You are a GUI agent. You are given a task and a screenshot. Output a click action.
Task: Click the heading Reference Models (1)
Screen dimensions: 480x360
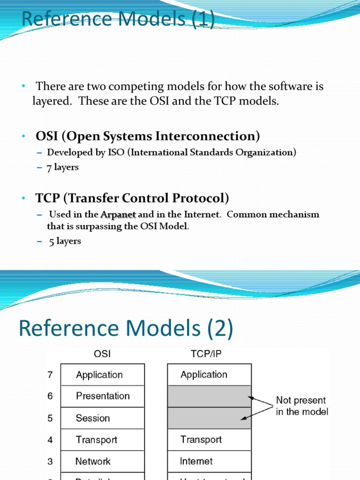[x=118, y=19]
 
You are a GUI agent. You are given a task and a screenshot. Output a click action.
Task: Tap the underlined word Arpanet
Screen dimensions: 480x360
[x=118, y=215]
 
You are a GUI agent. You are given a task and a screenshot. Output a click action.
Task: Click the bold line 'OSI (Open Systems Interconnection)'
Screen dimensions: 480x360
[x=148, y=136]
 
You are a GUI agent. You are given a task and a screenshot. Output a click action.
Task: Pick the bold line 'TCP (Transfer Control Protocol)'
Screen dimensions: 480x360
[x=132, y=198]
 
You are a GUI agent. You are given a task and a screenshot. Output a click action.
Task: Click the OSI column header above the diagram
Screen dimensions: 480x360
[x=102, y=354]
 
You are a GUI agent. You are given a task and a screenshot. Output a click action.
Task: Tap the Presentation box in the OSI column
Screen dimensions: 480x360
[x=103, y=396]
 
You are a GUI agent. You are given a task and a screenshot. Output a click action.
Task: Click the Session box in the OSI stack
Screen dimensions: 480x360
[x=103, y=418]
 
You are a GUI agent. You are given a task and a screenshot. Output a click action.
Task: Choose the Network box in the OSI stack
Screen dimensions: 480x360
[x=103, y=461]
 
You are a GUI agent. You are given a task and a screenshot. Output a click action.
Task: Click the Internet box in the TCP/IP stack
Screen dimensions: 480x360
[x=209, y=461]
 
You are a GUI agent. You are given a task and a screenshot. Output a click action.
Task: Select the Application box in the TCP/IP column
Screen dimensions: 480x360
[x=209, y=375]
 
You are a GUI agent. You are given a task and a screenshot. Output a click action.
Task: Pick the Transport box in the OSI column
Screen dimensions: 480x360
[x=103, y=440]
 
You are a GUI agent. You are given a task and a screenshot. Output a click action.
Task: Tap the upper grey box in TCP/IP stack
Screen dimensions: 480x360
[x=209, y=396]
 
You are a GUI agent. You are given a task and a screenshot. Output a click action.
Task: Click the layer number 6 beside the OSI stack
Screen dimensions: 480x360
[x=50, y=396]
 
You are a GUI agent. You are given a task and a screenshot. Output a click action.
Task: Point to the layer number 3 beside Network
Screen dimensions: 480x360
[x=50, y=461]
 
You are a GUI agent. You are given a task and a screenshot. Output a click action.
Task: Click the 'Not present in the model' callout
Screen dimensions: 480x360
[x=302, y=406]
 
